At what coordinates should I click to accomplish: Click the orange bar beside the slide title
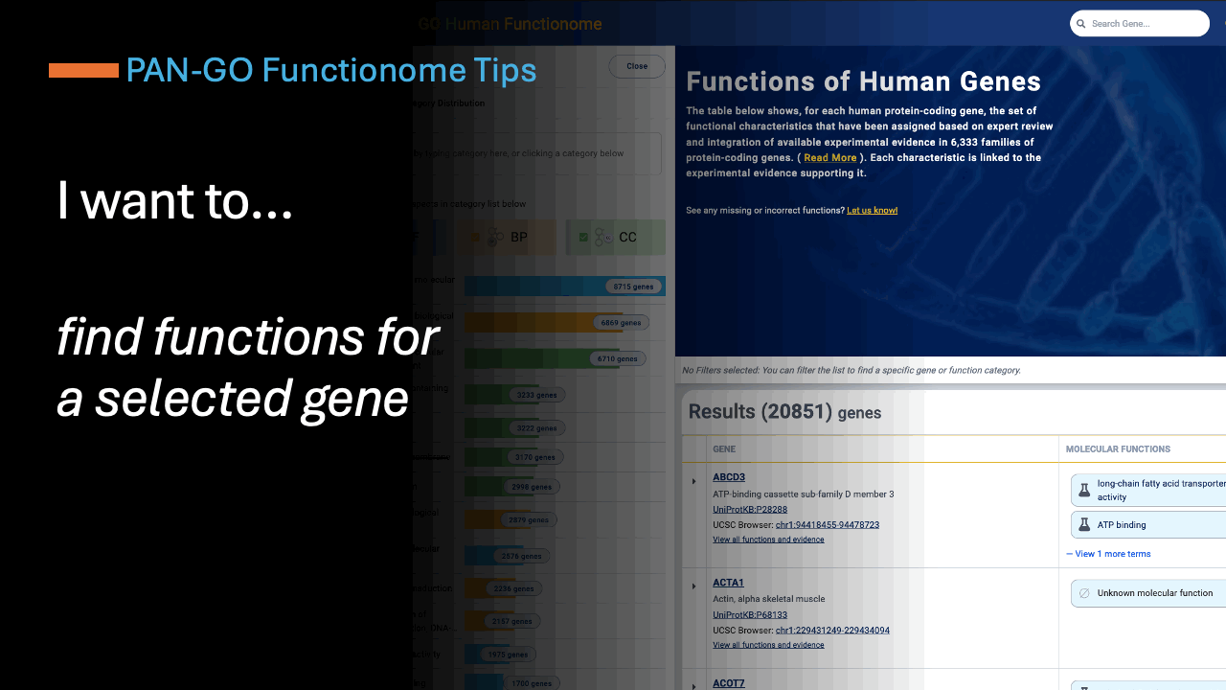click(83, 70)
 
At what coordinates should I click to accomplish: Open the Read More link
click(829, 158)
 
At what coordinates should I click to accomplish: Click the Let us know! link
click(872, 210)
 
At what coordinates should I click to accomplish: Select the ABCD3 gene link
click(728, 477)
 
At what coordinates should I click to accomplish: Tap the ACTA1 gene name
click(728, 583)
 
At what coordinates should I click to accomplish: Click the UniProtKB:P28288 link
click(750, 510)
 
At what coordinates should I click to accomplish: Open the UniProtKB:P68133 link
click(750, 615)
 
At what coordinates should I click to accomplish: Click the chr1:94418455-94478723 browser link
click(827, 525)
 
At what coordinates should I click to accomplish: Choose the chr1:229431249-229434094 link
click(832, 631)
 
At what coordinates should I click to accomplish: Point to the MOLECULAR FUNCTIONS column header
click(1118, 448)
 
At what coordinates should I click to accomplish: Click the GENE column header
click(724, 448)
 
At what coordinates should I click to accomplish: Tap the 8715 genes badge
click(633, 287)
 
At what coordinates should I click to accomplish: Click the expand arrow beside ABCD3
click(693, 481)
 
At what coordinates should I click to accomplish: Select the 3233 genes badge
click(535, 395)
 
